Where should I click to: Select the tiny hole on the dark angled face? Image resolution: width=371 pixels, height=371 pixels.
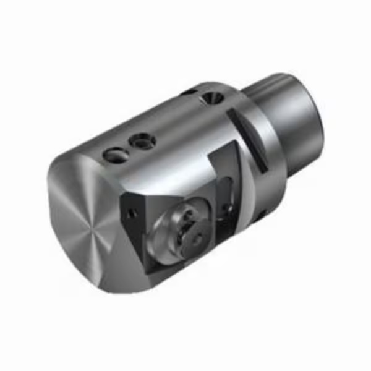coord(130,213)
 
